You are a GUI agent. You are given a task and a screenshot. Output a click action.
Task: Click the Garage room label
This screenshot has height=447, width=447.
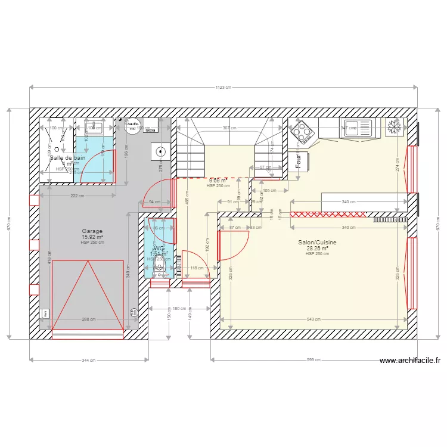click(x=92, y=231)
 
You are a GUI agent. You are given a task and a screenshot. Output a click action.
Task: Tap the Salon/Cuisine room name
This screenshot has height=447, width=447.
click(x=317, y=243)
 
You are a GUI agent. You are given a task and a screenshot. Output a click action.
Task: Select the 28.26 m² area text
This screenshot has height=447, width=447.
click(x=317, y=249)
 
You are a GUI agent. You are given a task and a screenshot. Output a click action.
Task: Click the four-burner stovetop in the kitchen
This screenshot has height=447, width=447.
click(x=302, y=132)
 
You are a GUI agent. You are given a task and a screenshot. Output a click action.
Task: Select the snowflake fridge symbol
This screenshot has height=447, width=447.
click(x=394, y=127)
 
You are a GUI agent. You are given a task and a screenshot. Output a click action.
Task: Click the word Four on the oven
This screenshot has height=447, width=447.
click(x=298, y=161)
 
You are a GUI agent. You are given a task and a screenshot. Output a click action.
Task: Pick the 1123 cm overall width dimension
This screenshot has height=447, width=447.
click(x=223, y=88)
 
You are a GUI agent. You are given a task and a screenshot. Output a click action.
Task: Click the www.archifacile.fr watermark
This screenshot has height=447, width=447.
click(x=409, y=360)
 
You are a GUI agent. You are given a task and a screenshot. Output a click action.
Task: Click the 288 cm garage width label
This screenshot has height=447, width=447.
click(x=88, y=319)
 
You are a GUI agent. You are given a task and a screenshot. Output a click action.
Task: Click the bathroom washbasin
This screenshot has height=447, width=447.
click(x=94, y=128)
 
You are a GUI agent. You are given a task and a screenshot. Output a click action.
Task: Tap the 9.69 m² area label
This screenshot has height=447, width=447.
click(x=218, y=180)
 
